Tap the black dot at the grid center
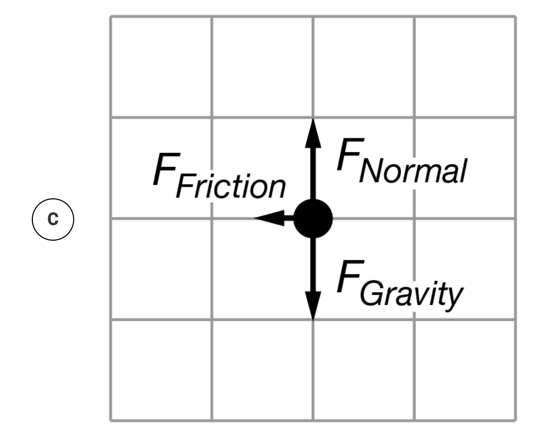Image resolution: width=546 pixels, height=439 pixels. coord(313,218)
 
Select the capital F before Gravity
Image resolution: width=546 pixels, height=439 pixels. coord(347,279)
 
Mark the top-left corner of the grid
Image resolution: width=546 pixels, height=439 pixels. coord(111,16)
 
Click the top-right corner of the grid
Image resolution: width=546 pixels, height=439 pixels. coord(515,16)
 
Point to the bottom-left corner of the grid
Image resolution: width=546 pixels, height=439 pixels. coord(111,420)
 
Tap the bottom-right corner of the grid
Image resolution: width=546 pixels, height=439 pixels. coord(515,420)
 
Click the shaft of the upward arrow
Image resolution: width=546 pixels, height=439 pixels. coord(313,170)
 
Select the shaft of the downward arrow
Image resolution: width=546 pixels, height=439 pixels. coord(313,265)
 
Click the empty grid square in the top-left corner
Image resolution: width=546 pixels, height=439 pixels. coord(161,67)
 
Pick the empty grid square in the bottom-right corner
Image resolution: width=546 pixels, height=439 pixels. coord(464,370)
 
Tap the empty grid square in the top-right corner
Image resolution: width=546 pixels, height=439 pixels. coord(464,67)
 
